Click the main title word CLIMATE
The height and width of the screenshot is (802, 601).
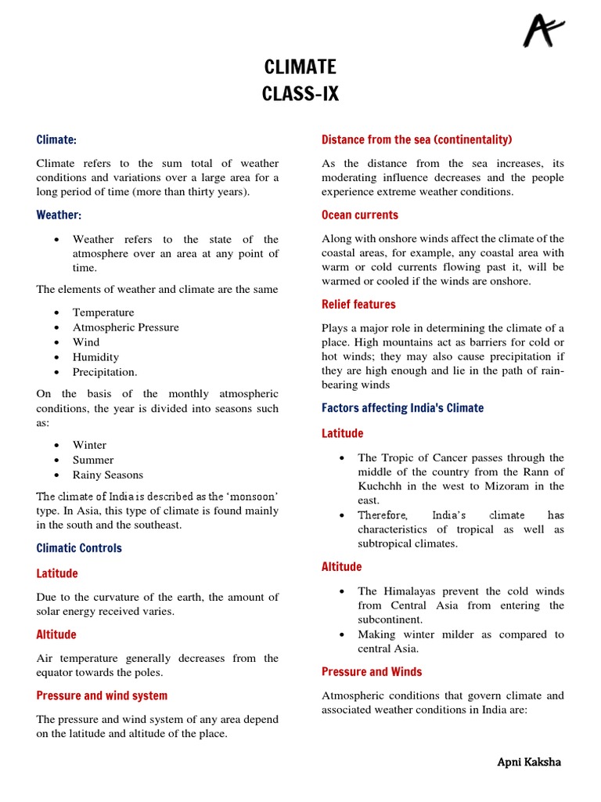click(x=300, y=68)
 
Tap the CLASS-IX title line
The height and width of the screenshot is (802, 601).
click(x=300, y=95)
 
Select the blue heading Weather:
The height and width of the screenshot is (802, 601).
click(x=59, y=215)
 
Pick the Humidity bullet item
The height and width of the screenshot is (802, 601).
click(x=95, y=357)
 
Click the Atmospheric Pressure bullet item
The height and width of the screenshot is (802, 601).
click(x=125, y=327)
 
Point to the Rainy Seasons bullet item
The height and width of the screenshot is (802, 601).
click(x=108, y=475)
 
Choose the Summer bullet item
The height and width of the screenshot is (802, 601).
click(x=93, y=460)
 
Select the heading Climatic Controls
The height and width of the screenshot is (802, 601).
click(x=79, y=548)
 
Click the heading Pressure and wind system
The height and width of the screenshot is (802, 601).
click(x=102, y=695)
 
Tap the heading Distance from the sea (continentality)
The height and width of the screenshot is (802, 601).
click(x=416, y=139)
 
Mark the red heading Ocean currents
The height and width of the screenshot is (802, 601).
click(x=360, y=215)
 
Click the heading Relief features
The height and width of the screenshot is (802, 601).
click(x=358, y=304)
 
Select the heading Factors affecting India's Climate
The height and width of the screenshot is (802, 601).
click(x=402, y=408)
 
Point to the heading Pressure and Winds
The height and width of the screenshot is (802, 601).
click(x=372, y=671)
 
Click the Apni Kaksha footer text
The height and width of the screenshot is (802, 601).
click(x=529, y=762)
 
